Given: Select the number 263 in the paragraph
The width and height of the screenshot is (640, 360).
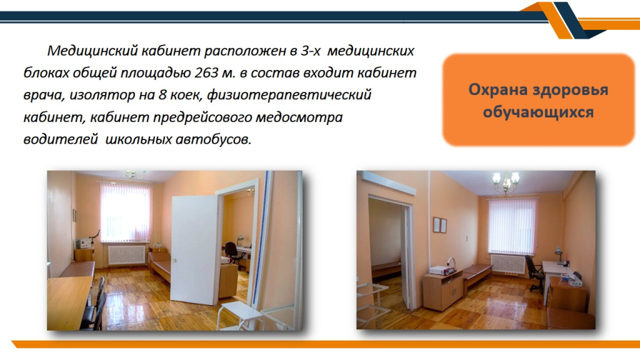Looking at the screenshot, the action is [x=206, y=72].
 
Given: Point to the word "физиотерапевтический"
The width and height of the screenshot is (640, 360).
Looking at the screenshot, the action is [x=289, y=95].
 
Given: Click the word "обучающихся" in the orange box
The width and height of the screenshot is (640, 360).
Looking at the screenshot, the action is [x=538, y=111].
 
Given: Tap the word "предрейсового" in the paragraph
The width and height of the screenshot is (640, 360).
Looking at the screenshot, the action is [x=202, y=117].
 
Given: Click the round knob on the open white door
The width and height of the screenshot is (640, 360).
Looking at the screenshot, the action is [x=174, y=261].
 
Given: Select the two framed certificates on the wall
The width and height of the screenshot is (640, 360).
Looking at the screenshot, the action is [x=439, y=225].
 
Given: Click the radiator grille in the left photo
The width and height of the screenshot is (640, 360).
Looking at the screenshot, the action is [x=126, y=255].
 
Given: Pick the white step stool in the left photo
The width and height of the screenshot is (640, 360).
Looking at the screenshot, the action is [x=240, y=315].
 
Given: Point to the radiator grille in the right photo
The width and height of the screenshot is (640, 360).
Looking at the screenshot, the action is [x=507, y=264].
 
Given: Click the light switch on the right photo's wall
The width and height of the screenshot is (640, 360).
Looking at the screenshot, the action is [x=467, y=237].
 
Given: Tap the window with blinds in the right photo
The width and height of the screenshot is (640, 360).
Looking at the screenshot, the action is [x=512, y=226].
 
